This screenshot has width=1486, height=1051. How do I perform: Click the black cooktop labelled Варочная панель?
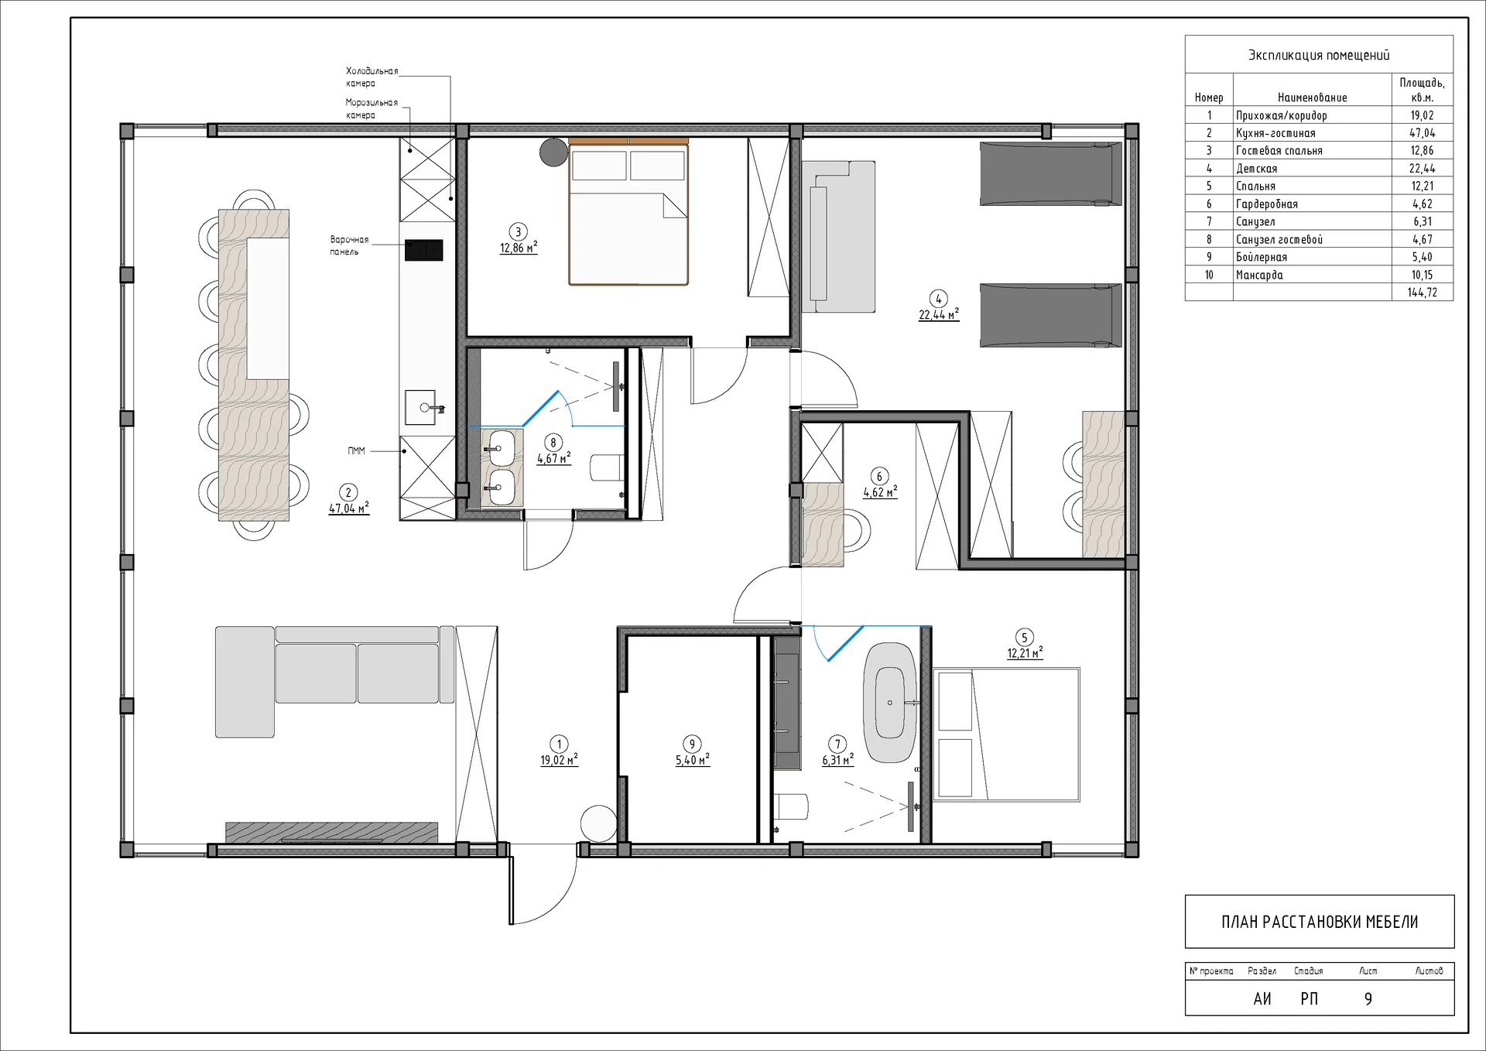pos(423,250)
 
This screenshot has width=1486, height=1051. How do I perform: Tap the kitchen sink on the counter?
pos(421,407)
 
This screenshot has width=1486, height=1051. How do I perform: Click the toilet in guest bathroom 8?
pos(607,467)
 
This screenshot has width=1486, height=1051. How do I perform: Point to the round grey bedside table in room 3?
pos(554,152)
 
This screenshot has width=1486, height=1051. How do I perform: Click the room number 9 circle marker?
pos(692,744)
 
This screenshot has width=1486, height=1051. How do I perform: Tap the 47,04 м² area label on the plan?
pos(349,508)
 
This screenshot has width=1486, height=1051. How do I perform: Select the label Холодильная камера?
pos(371,77)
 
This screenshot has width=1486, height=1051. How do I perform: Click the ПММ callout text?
pos(356,450)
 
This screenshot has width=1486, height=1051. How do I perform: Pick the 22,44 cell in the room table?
pos(1422,168)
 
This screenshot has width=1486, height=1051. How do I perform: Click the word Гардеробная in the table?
pos(1266,204)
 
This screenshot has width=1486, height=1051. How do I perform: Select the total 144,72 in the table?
pos(1422,293)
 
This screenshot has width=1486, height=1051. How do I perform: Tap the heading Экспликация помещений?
pos(1319,55)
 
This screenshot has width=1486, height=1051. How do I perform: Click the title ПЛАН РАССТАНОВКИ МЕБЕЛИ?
pos(1320,922)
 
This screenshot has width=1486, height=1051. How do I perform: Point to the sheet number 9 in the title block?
pos(1368,999)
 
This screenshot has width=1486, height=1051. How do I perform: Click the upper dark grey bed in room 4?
pos(1051,174)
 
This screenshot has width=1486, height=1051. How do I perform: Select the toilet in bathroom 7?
pos(791,806)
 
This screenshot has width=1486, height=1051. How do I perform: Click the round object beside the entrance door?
pos(598,823)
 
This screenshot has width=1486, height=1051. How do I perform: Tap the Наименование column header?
pos(1312,98)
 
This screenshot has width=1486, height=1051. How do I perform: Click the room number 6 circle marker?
pos(879,476)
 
